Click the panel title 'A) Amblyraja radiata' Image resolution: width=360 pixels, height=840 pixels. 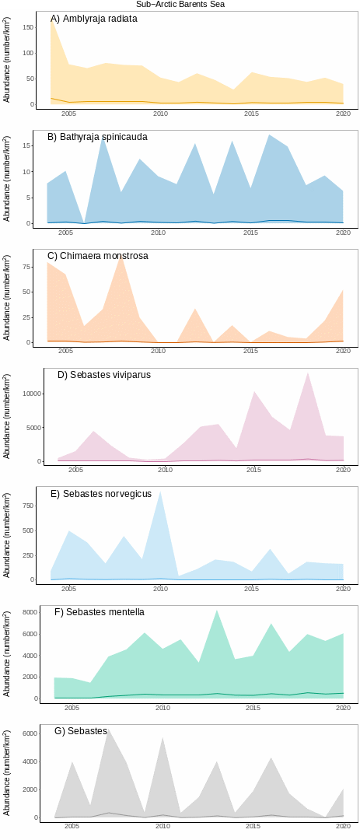tap(94, 19)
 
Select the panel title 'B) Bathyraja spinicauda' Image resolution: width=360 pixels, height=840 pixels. tap(97, 137)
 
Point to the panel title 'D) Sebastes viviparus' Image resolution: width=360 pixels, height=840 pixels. tap(104, 375)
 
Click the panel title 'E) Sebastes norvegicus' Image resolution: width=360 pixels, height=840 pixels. tap(101, 494)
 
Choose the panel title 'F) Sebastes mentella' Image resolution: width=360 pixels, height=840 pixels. tap(100, 612)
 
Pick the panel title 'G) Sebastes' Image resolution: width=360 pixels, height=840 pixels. tap(81, 731)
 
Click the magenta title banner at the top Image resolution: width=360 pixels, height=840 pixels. tap(180, 4)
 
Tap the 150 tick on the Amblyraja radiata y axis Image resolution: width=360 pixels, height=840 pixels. tap(28, 27)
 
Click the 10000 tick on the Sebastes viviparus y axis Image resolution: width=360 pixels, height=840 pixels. tap(31, 394)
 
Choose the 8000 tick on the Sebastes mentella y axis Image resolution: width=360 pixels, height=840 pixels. tap(30, 613)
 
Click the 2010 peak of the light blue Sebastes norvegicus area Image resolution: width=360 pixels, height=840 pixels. tap(160, 492)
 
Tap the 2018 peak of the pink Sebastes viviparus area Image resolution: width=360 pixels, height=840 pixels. tap(308, 373)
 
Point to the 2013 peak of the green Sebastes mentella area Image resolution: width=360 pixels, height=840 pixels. tap(217, 611)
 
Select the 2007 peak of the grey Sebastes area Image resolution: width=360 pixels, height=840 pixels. tap(109, 729)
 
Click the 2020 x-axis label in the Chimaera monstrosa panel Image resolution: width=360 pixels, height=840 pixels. tap(343, 352)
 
